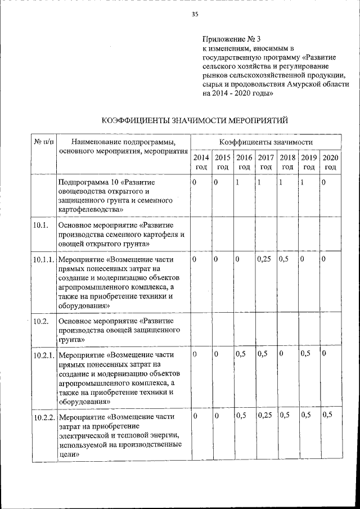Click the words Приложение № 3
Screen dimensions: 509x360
click(x=231, y=39)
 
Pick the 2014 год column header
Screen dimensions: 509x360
click(x=201, y=162)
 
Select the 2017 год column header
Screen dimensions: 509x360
click(x=266, y=162)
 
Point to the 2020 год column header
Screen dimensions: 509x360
click(x=330, y=162)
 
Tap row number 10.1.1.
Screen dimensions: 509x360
click(x=44, y=260)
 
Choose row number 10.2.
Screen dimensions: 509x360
click(x=40, y=321)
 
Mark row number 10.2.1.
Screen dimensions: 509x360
click(x=44, y=355)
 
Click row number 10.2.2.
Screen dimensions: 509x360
click(x=44, y=417)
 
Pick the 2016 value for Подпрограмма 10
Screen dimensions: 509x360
click(x=238, y=183)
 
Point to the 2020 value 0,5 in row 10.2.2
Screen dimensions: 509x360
click(x=327, y=416)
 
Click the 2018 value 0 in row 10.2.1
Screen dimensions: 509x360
click(x=281, y=354)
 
